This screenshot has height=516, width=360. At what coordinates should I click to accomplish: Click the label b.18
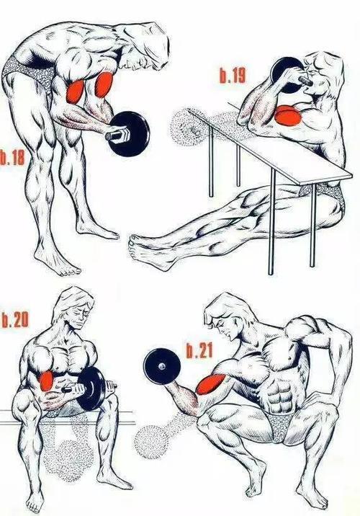[x=12, y=158]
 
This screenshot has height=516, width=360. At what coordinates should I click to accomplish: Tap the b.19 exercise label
[x=233, y=76]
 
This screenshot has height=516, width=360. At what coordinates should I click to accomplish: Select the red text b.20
[x=15, y=320]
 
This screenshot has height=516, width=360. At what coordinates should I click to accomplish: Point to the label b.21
[x=199, y=350]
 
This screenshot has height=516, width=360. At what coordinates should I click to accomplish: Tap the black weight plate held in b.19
[x=287, y=75]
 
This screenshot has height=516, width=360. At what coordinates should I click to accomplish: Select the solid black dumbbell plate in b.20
[x=93, y=388]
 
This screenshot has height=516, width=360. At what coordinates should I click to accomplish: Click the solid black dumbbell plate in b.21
[x=162, y=366]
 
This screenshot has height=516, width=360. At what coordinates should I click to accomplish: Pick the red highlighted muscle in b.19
[x=288, y=115]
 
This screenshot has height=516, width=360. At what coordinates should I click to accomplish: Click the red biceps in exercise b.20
[x=46, y=381]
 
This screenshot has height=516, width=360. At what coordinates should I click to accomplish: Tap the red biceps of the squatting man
[x=210, y=384]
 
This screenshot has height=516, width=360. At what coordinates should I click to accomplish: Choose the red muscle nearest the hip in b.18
[x=75, y=91]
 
